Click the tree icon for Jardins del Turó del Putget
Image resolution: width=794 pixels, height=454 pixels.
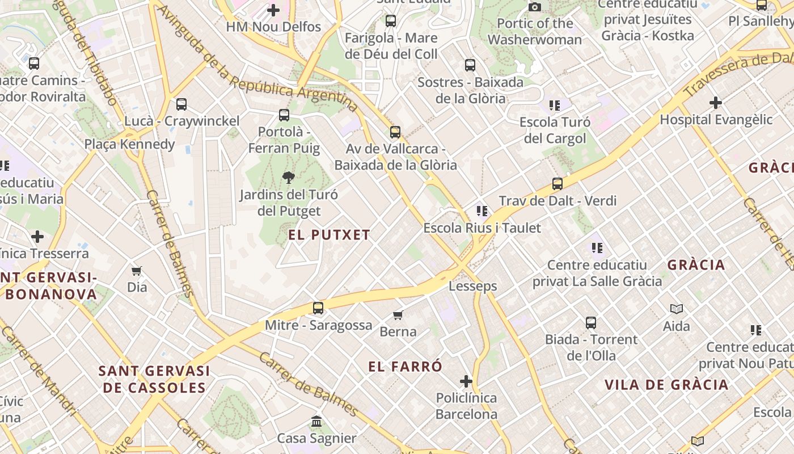tap(288, 178)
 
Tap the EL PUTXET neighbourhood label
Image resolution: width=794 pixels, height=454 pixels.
tap(329, 235)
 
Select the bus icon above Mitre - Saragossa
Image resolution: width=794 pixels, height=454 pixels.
tap(318, 308)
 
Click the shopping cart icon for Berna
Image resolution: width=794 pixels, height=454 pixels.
tap(398, 315)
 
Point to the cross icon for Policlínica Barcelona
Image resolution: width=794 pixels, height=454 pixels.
tap(466, 381)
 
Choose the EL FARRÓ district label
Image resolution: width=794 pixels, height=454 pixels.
tap(405, 367)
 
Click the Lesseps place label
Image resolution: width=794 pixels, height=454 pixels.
tap(472, 286)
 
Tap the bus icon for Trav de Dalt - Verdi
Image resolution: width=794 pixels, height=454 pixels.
tap(558, 184)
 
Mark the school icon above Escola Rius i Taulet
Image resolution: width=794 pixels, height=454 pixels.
tap(482, 211)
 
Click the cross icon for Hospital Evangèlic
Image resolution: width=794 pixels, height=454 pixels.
tap(716, 103)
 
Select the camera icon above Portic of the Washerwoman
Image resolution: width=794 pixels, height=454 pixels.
tap(534, 7)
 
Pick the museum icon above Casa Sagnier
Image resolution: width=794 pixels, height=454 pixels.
tap(316, 422)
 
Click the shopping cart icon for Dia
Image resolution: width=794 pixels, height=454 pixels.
tap(137, 271)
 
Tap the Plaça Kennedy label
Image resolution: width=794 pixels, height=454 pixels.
tap(130, 144)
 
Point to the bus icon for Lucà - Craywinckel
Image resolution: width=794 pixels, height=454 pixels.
tap(181, 104)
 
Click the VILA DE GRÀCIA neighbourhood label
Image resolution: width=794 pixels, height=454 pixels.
tap(666, 385)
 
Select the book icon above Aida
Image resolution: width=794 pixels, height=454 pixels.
tap(676, 309)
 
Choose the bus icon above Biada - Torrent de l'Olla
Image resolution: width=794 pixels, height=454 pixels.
tap(591, 323)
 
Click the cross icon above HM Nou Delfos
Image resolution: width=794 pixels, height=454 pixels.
tap(273, 10)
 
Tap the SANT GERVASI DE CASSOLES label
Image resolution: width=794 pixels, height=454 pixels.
tap(154, 379)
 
